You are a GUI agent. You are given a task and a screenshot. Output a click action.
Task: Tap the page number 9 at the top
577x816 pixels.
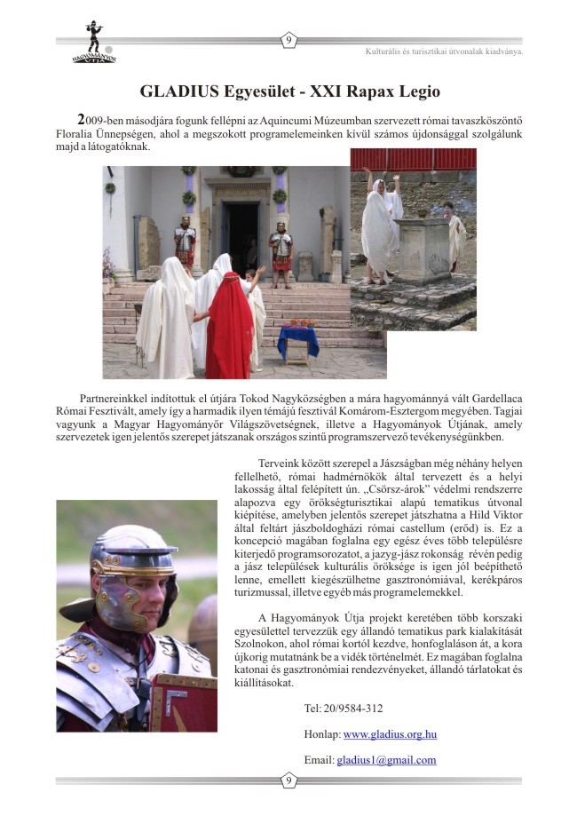[288, 40]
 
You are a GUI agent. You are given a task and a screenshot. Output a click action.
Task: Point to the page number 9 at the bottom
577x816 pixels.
[288, 780]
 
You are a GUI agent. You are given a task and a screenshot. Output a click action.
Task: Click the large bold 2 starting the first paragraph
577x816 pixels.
[82, 119]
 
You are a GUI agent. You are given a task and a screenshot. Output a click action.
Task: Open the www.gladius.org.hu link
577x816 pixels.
[390, 734]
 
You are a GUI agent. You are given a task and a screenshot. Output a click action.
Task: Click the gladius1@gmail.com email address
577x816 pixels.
[386, 760]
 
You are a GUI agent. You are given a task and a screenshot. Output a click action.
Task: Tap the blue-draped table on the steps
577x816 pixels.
[297, 341]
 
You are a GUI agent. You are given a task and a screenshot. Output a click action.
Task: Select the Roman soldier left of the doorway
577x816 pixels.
[186, 245]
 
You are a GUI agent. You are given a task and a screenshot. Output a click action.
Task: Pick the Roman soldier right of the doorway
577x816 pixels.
[281, 250]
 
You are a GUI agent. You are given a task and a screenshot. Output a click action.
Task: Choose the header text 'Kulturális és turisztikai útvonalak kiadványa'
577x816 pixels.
[444, 51]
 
